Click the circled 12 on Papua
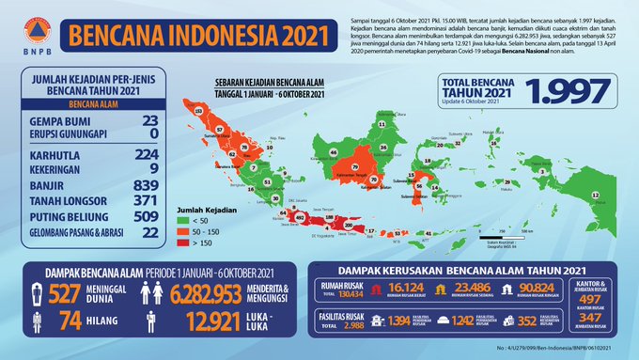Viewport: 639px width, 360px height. pos(595,196)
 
